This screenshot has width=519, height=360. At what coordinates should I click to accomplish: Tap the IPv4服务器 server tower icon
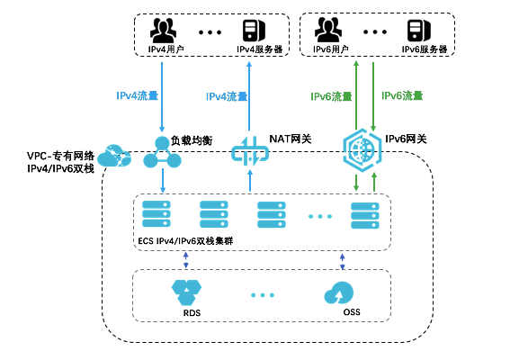[255, 30]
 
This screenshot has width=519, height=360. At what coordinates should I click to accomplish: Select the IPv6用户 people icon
[327, 30]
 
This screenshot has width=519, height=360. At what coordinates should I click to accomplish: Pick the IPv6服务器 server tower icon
[419, 31]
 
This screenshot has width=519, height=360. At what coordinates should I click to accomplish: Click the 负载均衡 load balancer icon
[162, 152]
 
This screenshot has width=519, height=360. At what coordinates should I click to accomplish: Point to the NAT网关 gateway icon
[250, 152]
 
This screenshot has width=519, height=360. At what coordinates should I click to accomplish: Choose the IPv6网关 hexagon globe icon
[362, 150]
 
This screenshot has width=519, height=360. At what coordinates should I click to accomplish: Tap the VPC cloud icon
[114, 156]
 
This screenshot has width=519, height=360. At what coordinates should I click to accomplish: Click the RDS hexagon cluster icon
[187, 292]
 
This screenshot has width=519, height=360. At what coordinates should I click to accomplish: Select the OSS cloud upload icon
[338, 292]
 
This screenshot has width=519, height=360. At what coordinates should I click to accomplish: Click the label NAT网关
[291, 139]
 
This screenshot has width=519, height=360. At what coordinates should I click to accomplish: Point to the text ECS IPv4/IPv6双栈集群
[185, 241]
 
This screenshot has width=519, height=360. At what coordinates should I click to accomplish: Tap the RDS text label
[192, 313]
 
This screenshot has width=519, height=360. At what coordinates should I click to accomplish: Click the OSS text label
[352, 312]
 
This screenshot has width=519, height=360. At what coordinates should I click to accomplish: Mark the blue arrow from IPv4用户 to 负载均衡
[162, 97]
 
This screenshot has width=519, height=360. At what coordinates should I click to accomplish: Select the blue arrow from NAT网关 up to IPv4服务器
[249, 96]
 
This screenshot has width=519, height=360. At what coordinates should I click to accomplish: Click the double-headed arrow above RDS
[185, 260]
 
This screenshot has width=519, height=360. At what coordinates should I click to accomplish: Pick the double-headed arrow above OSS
[342, 261]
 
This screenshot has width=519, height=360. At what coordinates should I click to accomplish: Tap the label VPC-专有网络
[61, 156]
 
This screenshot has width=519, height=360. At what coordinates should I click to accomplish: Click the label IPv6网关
[406, 139]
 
